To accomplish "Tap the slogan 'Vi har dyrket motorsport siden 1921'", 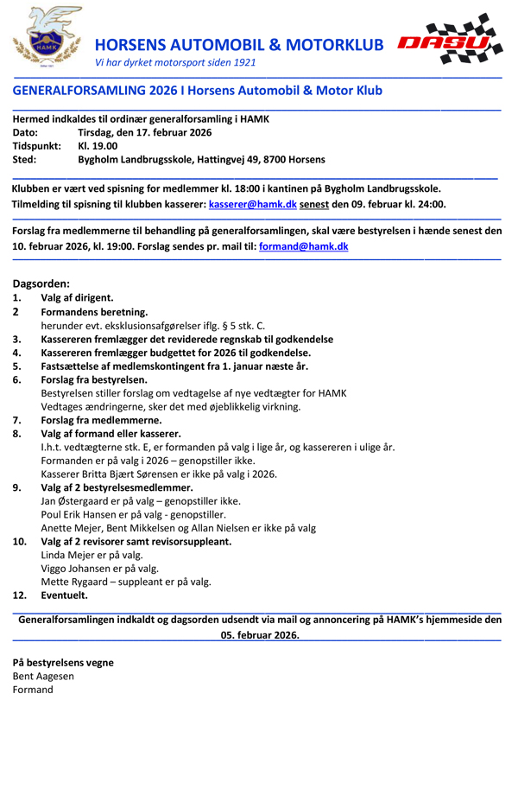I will pyautogui.click(x=175, y=62).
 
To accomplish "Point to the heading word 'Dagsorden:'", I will pyautogui.click(x=41, y=283).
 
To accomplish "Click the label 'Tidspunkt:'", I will pyautogui.click(x=36, y=146).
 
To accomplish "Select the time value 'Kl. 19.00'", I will pyautogui.click(x=98, y=146).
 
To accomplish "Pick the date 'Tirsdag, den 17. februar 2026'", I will pyautogui.click(x=144, y=132).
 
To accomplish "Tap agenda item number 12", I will pyautogui.click(x=19, y=595).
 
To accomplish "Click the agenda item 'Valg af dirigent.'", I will pyautogui.click(x=77, y=297).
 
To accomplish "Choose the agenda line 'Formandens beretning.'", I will pyautogui.click(x=94, y=312).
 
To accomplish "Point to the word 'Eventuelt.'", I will pyautogui.click(x=64, y=595).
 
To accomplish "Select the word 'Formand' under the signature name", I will pyautogui.click(x=33, y=690).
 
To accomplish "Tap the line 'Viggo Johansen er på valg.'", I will pyautogui.click(x=100, y=569).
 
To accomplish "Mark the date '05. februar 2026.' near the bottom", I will pyautogui.click(x=260, y=633).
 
